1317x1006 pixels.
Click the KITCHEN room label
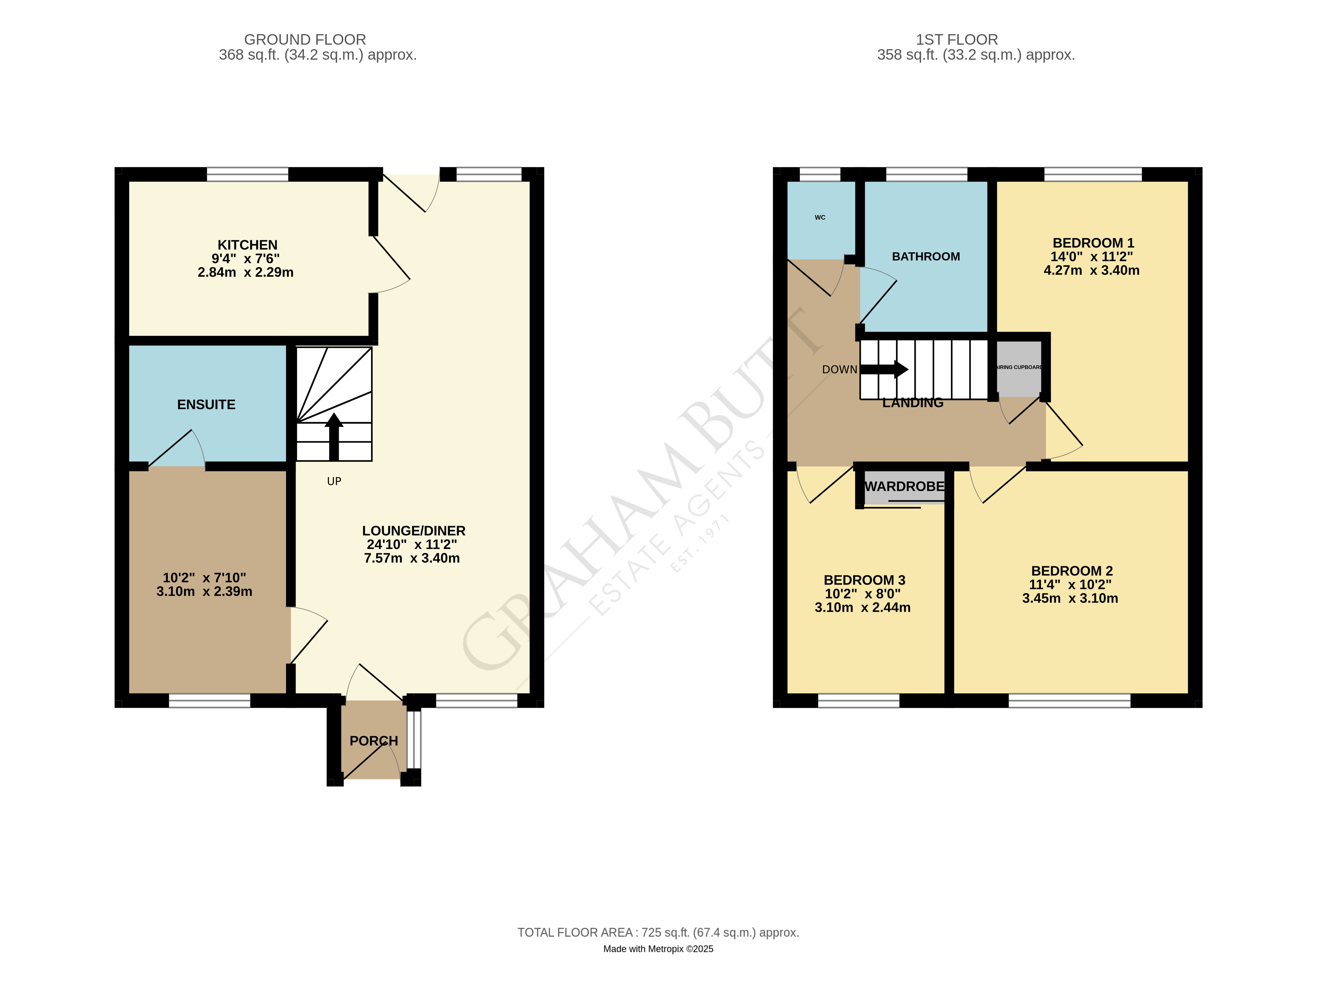pos(247,245)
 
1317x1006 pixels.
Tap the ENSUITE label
pos(206,405)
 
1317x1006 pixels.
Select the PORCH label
pos(373,741)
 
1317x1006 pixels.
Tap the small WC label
pos(819,217)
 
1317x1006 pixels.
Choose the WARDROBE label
pos(904,486)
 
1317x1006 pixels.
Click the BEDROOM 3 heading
pos(864,580)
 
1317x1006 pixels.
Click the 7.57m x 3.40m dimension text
pos(412,558)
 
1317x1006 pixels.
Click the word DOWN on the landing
pos(839,370)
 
